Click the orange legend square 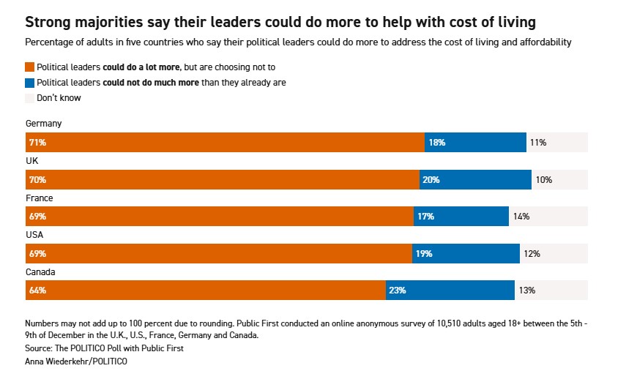[x=29, y=67]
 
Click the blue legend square [x=29, y=83]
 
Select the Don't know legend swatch [x=29, y=98]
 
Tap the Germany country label [x=43, y=124]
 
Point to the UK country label [x=31, y=161]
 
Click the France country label [x=39, y=198]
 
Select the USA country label [x=34, y=235]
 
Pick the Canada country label [x=40, y=272]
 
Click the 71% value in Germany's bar [x=37, y=143]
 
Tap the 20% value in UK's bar [x=432, y=179]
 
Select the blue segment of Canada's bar [x=450, y=291]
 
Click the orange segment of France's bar [x=220, y=217]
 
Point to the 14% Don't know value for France [x=521, y=217]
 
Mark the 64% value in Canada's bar [x=37, y=291]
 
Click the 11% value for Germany [x=538, y=143]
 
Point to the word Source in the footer [x=40, y=348]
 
